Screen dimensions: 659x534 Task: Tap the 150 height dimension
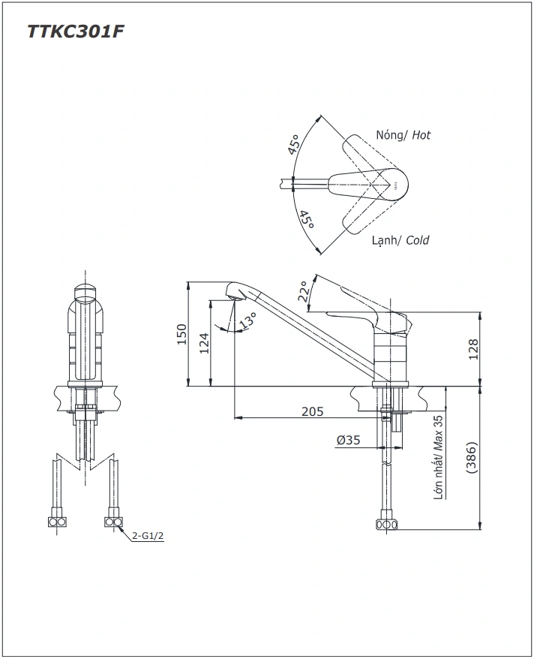pos(181,334)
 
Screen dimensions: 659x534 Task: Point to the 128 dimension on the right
pos(472,349)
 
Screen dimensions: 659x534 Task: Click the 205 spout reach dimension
pos(312,411)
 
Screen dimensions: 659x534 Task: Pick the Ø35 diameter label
pos(349,441)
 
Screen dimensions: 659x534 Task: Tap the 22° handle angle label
pos(304,291)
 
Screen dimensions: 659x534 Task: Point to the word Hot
pos(421,135)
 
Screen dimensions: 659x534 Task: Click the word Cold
pos(417,240)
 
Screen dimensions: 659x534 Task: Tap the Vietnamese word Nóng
pos(390,135)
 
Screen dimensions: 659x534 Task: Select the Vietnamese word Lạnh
pos(385,240)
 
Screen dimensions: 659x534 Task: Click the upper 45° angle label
pos(293,145)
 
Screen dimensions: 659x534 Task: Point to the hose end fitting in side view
pos(386,525)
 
